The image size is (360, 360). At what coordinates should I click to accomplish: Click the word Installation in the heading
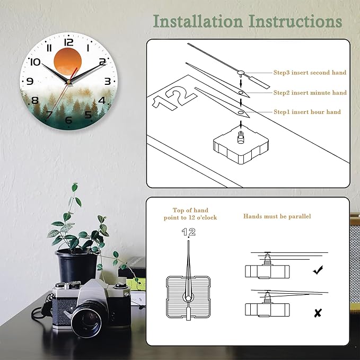click(198, 21)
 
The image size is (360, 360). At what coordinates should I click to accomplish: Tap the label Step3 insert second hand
click(310, 73)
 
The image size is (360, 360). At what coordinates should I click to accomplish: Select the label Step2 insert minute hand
click(310, 93)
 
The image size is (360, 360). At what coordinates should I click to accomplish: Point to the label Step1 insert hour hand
click(307, 112)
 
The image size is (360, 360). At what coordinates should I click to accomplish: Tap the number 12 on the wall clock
click(68, 42)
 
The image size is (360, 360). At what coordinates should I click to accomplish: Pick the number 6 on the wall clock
click(68, 120)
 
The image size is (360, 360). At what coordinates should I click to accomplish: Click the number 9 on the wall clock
click(30, 81)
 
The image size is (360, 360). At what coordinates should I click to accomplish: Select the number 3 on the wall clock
click(107, 81)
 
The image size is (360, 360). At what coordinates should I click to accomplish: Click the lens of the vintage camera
click(85, 319)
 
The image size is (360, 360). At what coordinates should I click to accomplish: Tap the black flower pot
click(77, 265)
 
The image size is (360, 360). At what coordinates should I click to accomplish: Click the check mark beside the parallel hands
click(318, 270)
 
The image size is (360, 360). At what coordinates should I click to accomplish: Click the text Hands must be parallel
click(277, 216)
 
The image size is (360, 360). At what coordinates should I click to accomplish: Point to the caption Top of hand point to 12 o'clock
click(190, 214)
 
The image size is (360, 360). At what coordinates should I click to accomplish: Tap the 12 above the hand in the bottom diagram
click(188, 232)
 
